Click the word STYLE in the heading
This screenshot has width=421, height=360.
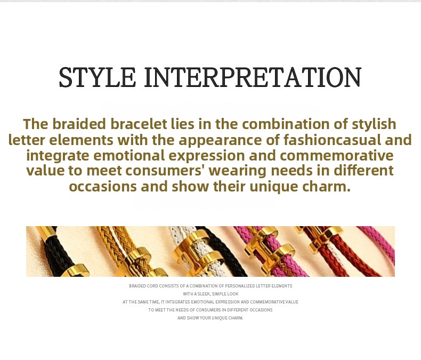(x=97, y=77)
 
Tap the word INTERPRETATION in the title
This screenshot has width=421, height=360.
(x=253, y=77)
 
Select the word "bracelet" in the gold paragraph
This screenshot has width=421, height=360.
(x=139, y=124)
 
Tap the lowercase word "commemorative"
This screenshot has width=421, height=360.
(x=337, y=156)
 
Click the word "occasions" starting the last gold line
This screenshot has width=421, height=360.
(x=103, y=187)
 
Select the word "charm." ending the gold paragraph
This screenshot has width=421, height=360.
(x=326, y=187)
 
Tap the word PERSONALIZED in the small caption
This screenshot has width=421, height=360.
(x=240, y=286)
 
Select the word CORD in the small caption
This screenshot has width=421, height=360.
(x=152, y=286)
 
